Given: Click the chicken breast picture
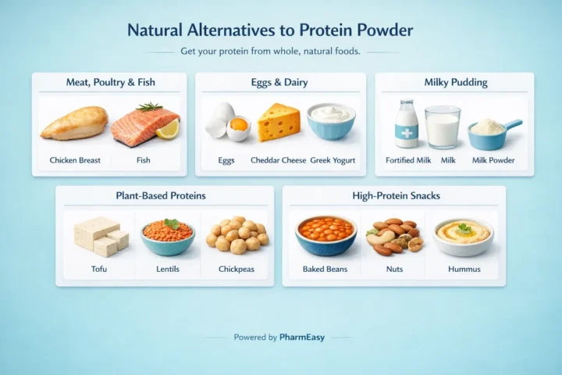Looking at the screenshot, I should pos(74,123).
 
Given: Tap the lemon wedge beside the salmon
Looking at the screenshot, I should pos(168,130).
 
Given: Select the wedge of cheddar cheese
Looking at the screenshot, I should pos(279,123).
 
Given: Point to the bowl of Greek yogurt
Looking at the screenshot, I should pos(331,122).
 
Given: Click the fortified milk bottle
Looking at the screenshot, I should pos(406,123).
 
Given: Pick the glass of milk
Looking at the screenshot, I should pos(443,126).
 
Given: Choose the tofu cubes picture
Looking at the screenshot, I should pos(100,236).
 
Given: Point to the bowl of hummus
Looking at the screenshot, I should pos(464,235).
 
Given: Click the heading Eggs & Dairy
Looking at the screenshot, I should pos(280,82).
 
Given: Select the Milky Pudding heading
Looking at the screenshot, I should pos(454,82).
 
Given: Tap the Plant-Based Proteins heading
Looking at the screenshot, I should pos(165,195).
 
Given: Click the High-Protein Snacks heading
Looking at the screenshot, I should pos(393,195).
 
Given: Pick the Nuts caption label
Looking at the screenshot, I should pos(395,270).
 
